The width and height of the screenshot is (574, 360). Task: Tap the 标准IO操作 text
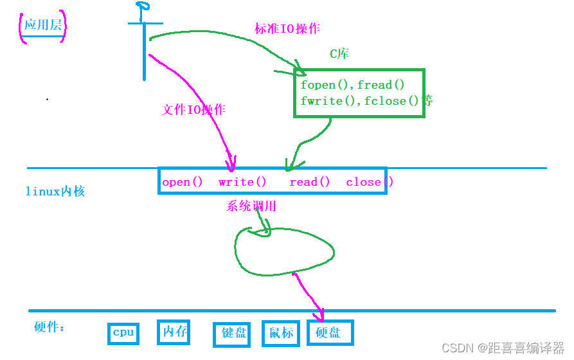pos(287,29)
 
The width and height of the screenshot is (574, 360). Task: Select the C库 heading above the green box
pos(339,54)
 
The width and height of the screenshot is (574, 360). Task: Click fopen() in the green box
pos(327,85)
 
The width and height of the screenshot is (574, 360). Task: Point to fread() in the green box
pos(381,85)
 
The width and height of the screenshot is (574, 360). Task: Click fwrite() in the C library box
pos(329,101)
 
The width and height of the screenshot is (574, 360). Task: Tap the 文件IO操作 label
pos(193,109)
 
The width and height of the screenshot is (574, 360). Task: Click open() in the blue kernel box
pos(182,182)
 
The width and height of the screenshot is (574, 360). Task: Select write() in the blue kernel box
pos(242,182)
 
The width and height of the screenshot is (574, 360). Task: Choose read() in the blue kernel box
pos(309,182)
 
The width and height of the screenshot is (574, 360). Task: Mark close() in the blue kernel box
pos(369,182)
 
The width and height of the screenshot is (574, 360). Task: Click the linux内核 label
pos(55,191)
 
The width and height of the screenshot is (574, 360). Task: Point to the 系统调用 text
pos(251,206)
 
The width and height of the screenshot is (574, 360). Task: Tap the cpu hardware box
pos(123,332)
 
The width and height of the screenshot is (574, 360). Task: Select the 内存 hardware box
pos(174,332)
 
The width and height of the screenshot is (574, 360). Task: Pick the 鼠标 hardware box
pos(281,332)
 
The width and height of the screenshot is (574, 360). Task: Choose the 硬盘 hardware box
pos(330,332)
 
